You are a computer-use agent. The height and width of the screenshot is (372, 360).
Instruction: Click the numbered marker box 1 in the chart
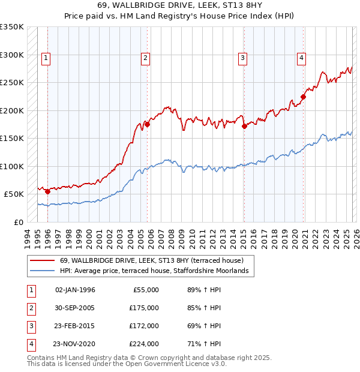(46, 58)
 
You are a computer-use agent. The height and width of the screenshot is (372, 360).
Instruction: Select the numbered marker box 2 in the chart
(145, 58)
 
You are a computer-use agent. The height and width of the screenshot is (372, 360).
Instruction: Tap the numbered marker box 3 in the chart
(242, 58)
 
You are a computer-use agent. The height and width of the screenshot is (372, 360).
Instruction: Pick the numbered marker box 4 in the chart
(301, 58)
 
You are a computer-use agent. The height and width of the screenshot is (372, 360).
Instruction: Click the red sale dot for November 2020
(304, 97)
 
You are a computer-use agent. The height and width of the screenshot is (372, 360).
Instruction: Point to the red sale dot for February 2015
(244, 126)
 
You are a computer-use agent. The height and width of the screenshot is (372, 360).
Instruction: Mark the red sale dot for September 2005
(148, 124)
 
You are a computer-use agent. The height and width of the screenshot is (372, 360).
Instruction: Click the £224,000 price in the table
(144, 344)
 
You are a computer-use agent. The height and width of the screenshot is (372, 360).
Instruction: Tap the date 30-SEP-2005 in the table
(75, 308)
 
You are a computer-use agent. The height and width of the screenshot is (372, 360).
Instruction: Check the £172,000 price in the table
(144, 326)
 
